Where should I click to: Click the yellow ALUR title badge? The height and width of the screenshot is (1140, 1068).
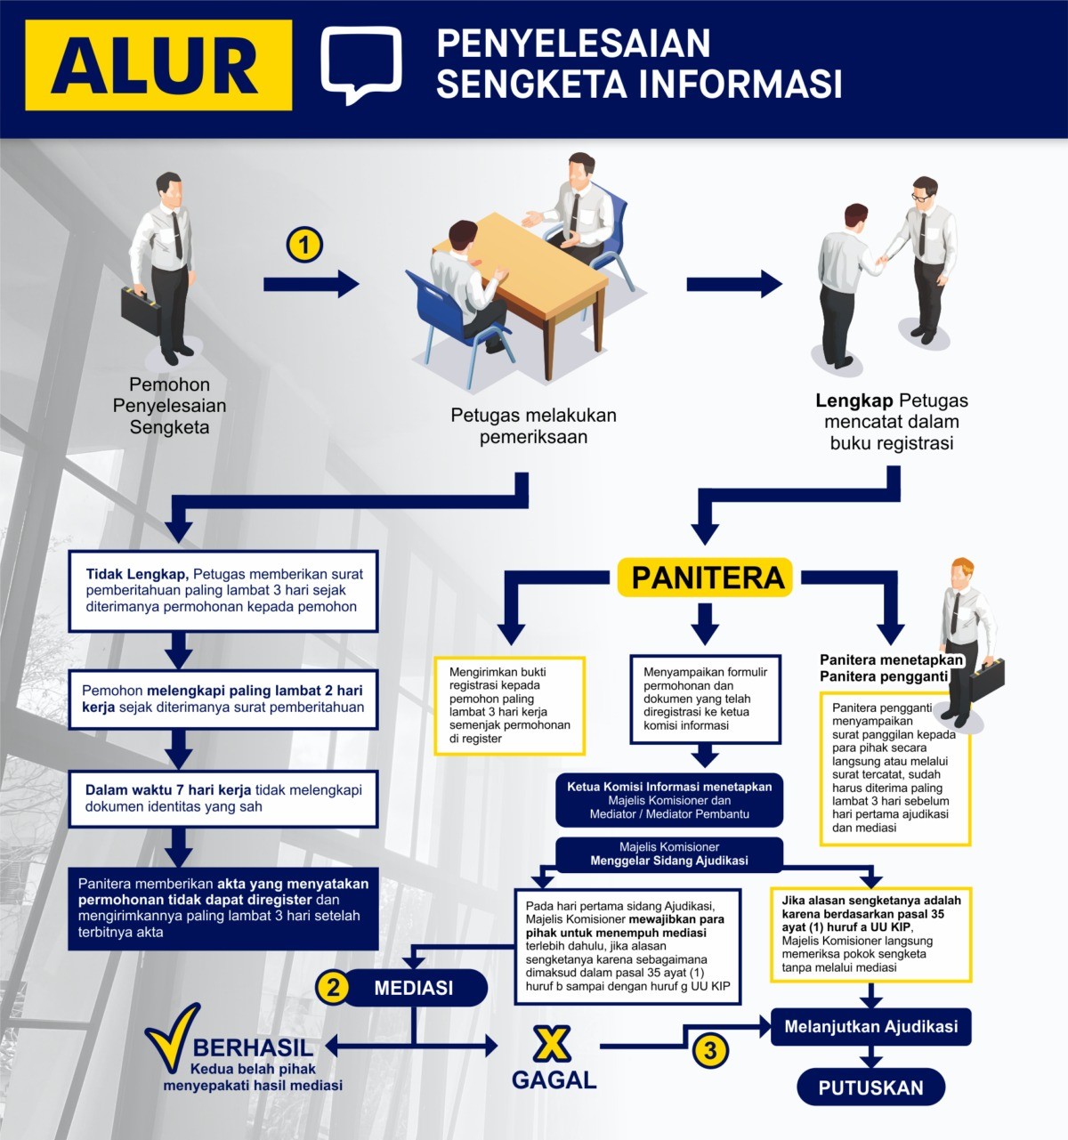tap(158, 65)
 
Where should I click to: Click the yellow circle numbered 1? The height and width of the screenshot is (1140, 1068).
tap(304, 245)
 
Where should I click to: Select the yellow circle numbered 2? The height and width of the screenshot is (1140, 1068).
tap(333, 987)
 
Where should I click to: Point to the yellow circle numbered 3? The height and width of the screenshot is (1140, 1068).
tap(710, 1051)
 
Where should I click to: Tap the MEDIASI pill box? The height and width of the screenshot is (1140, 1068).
tap(414, 987)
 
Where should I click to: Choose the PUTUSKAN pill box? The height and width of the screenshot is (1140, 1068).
tap(870, 1087)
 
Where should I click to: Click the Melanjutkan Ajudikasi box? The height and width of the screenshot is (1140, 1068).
tap(870, 1026)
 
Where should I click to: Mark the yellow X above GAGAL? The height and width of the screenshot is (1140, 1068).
tap(552, 1044)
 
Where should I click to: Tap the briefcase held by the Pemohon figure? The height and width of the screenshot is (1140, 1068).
tap(141, 311)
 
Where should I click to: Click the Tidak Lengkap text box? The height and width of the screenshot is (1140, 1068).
tap(223, 591)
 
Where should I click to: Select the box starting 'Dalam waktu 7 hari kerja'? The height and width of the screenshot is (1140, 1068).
tap(223, 798)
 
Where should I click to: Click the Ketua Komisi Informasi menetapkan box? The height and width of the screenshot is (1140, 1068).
tap(669, 800)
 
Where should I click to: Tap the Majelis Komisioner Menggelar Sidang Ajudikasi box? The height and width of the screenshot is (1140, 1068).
tap(669, 854)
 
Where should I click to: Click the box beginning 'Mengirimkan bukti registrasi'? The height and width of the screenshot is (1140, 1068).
tap(510, 706)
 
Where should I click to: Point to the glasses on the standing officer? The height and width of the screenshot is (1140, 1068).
tap(921, 197)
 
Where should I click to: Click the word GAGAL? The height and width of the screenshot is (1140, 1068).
tap(554, 1080)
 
